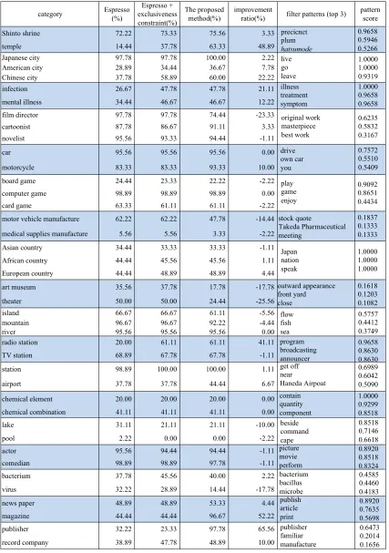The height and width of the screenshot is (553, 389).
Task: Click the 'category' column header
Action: point(50,14)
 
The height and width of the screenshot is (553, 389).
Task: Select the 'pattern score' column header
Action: point(370,14)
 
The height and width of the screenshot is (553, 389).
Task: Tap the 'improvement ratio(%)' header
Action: point(253,14)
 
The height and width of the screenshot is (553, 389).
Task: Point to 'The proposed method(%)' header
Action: point(204,14)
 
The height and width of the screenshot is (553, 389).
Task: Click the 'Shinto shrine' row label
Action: point(21,34)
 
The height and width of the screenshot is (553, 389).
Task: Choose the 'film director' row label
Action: point(20,115)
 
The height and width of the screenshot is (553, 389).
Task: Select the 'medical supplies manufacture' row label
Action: point(45,234)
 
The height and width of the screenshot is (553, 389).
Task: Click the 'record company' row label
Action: point(25,542)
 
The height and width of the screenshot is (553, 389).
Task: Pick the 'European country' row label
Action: point(27,273)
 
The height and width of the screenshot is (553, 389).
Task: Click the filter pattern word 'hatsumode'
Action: point(296,49)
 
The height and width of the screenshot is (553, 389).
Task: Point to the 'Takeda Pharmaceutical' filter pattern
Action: point(312,227)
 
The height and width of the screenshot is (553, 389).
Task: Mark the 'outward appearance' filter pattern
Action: point(306,286)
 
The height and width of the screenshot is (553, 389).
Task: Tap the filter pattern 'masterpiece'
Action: point(299,127)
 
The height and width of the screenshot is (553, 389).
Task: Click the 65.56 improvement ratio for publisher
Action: point(266,529)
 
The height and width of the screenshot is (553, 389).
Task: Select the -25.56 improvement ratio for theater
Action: point(265,302)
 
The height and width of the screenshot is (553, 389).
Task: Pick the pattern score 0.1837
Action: point(368,218)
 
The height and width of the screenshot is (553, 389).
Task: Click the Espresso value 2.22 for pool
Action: point(125,438)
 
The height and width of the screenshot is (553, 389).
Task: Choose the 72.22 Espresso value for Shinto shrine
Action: point(123,34)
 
